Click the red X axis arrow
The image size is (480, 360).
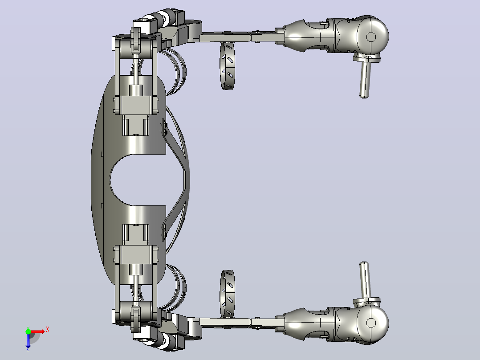tap(37, 331)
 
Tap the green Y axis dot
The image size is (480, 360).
tap(28, 331)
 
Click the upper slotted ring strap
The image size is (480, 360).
tap(227, 66)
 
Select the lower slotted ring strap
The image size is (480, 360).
tap(227, 294)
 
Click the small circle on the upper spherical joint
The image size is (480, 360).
tap(371, 37)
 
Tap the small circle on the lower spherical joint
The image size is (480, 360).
tap(371, 323)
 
